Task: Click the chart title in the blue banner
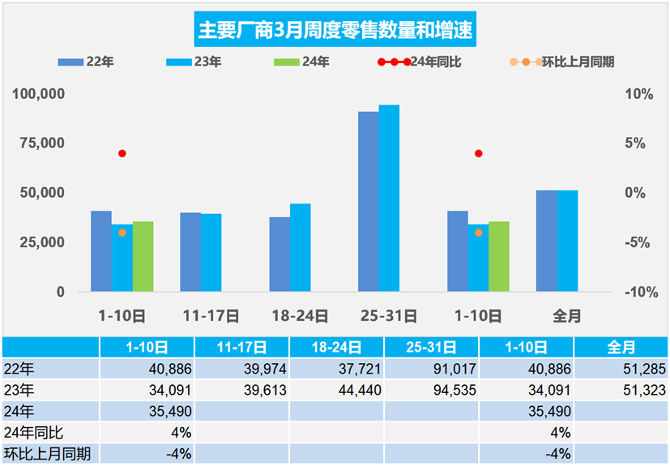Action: [x=335, y=31]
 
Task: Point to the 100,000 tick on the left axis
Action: [x=38, y=94]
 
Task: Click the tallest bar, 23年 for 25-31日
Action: [x=389, y=199]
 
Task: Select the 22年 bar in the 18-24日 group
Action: [x=280, y=254]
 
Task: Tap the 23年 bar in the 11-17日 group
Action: [x=211, y=252]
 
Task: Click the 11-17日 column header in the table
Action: [x=241, y=348]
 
